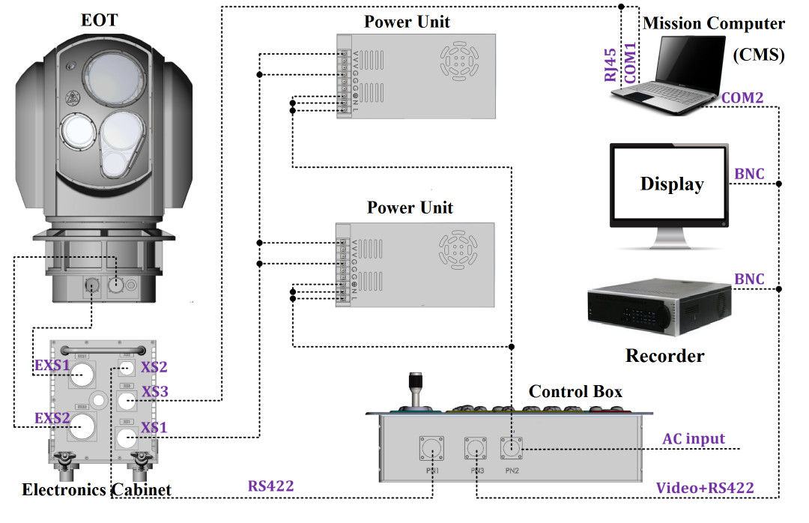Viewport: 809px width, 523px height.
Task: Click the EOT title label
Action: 100,20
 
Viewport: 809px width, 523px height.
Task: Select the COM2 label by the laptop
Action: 742,97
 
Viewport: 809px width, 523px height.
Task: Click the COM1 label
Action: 631,61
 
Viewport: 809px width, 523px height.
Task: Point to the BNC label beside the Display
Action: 749,174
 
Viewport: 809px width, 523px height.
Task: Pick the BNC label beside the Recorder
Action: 749,279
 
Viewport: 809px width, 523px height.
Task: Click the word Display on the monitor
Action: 671,184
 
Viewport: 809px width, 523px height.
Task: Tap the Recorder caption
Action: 665,355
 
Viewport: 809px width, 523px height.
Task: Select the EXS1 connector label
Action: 52,366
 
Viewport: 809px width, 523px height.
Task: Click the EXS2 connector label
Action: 52,417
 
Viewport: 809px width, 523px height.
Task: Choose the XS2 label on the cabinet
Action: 154,366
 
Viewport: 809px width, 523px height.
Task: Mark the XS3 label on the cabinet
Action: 155,391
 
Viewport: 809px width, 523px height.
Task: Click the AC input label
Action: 694,438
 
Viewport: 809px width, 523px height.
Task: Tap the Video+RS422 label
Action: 705,488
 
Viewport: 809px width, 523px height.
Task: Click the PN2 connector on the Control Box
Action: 512,450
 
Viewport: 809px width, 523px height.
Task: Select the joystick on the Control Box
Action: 414,390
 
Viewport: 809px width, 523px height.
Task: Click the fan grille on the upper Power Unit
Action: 458,57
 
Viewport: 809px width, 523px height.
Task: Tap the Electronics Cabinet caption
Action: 97,490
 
